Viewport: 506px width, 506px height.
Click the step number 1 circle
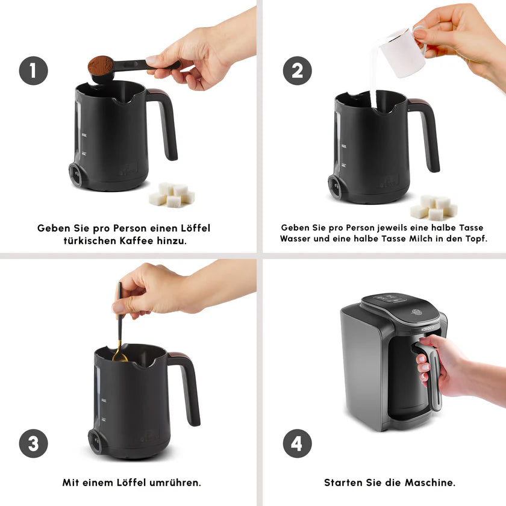(34, 70)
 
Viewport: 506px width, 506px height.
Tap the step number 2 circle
(297, 70)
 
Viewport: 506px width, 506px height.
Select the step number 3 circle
(34, 443)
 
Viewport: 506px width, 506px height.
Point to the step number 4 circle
(297, 443)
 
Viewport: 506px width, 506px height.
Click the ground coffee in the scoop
(101, 65)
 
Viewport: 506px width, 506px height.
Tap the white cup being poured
(404, 52)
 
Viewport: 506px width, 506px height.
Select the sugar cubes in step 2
(433, 207)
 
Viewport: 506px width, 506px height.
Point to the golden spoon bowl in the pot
(120, 356)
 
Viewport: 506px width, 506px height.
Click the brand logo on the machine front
(428, 329)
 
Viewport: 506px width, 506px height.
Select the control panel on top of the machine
(392, 298)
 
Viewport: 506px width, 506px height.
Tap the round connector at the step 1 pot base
(76, 175)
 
